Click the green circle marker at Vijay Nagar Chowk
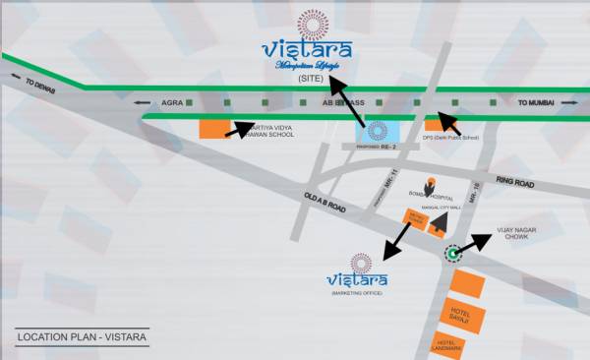(453, 254)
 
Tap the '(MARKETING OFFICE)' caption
(358, 293)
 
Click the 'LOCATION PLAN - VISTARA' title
(82, 339)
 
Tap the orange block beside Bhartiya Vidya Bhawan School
(215, 129)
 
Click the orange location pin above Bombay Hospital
(430, 181)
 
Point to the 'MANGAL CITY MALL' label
(430, 208)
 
